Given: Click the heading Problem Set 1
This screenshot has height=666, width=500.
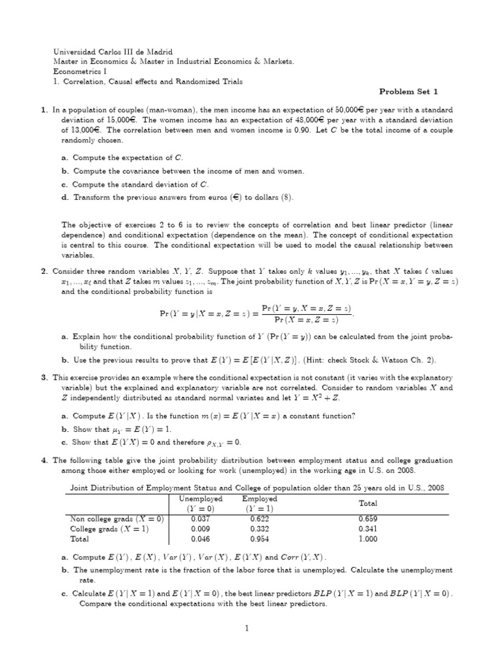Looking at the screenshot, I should (x=415, y=92).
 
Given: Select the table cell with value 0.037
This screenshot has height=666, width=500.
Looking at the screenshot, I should (x=200, y=519).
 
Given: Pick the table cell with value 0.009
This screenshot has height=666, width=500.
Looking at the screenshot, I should (x=200, y=529).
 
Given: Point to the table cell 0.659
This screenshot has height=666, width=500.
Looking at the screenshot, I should (x=368, y=519).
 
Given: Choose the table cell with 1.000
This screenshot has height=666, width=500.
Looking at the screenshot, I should (x=368, y=539).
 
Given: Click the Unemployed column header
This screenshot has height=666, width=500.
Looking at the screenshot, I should (x=200, y=499).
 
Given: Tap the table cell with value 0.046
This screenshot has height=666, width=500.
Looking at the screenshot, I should (x=200, y=539).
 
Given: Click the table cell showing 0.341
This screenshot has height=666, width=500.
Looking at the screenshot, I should (x=368, y=529).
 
